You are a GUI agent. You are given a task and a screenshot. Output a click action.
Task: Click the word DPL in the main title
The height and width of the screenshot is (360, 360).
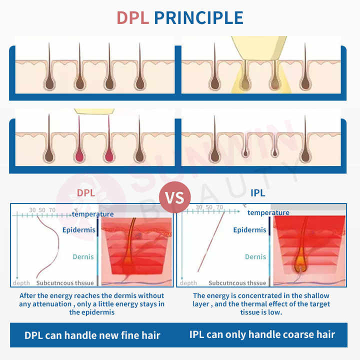click(x=133, y=17)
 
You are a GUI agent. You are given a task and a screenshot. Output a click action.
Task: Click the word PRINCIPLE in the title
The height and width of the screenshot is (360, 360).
click(x=198, y=17)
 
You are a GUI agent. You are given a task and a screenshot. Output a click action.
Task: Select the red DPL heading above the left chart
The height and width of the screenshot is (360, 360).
click(x=85, y=193)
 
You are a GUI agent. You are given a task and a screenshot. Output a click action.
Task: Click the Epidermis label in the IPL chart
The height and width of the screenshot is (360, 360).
click(x=249, y=230)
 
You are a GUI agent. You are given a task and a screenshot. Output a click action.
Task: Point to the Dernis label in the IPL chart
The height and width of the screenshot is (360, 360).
click(x=255, y=256)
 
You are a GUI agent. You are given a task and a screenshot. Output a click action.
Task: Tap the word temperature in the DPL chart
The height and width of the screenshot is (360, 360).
click(x=92, y=214)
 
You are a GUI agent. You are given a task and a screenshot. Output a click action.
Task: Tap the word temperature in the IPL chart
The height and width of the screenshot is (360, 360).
click(x=268, y=212)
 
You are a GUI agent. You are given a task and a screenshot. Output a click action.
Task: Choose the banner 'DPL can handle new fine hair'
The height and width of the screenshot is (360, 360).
click(x=92, y=334)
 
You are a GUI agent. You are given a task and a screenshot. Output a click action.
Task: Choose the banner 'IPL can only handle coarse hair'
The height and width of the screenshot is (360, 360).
click(x=262, y=334)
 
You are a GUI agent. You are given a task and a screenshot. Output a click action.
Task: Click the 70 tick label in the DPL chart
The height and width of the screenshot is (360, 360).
click(x=52, y=210)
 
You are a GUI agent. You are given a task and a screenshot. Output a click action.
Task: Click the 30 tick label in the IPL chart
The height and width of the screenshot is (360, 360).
click(x=199, y=207)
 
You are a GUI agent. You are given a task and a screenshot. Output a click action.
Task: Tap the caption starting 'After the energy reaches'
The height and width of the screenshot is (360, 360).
click(x=92, y=304)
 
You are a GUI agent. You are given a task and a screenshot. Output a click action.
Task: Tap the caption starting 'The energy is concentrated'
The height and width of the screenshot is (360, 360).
click(x=261, y=304)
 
